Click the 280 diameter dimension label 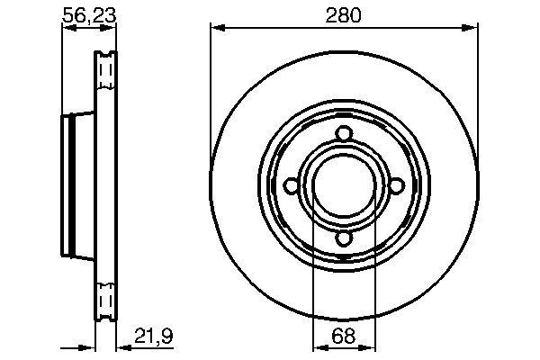pos(343,15)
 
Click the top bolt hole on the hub pos(343,134)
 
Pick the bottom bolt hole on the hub pos(343,238)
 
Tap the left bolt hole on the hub pos(291,186)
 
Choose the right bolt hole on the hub pos(395,186)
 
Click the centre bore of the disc pos(343,186)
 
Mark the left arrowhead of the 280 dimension pos(216,30)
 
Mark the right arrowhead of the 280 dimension pos(472,30)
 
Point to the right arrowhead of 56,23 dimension pos(112,30)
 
